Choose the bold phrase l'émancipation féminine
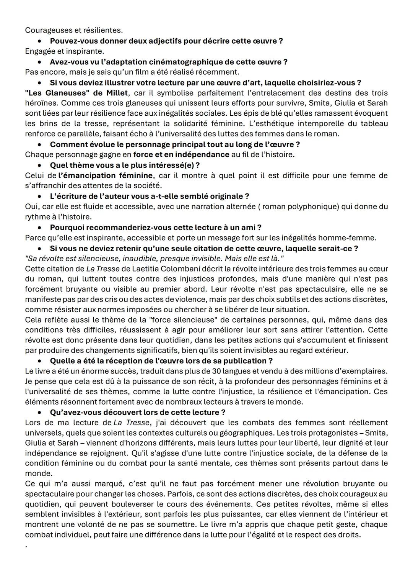point(106,175)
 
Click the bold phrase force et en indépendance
point(181,155)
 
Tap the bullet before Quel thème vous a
point(39,166)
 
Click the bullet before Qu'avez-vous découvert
point(39,413)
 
